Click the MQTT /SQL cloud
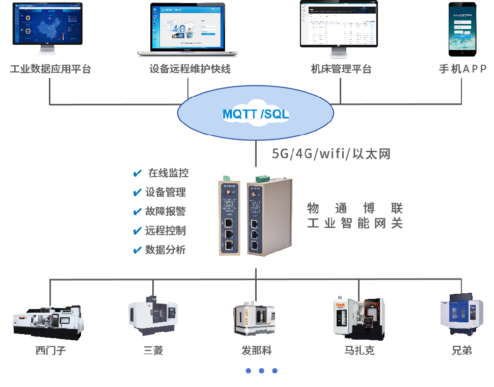coord(255,115)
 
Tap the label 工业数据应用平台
coord(50,69)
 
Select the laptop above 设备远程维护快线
coord(188,29)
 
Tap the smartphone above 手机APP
coord(462,29)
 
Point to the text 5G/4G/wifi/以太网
coord(331,154)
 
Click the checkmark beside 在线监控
coord(137,174)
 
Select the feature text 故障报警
coord(166,211)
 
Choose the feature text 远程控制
coord(166,231)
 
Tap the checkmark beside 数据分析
coord(137,250)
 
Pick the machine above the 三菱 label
coord(153,316)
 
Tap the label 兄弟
coord(461,351)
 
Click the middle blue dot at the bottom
coord(261,371)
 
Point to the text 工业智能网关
coord(355,223)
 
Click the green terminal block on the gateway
coord(263,178)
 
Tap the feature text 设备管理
coord(166,192)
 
